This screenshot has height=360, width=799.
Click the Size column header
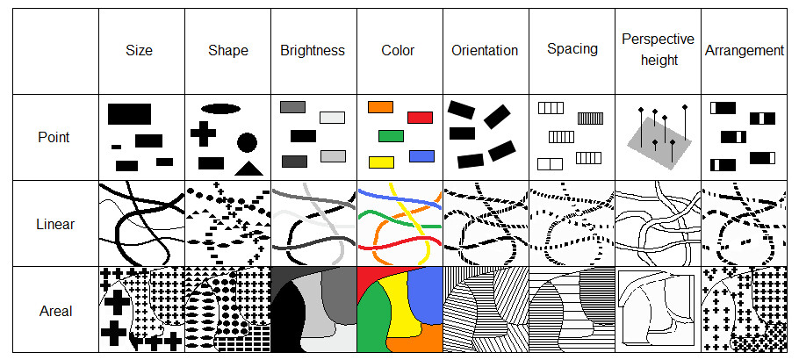pyautogui.click(x=139, y=50)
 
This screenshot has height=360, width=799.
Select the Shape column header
pyautogui.click(x=227, y=50)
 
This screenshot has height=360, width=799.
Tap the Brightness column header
pyautogui.click(x=313, y=50)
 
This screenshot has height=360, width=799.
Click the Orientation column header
pyautogui.click(x=486, y=50)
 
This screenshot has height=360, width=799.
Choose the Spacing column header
pyautogui.click(x=572, y=50)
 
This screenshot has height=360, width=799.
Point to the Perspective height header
pyautogui.click(x=658, y=50)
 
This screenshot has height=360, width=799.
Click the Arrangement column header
pyautogui.click(x=745, y=50)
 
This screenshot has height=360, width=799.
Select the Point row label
pyautogui.click(x=54, y=137)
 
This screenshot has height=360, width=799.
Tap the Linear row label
pyautogui.click(x=54, y=224)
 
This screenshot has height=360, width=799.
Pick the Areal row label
pyautogui.click(x=54, y=310)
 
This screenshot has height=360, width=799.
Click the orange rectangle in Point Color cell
pyautogui.click(x=380, y=106)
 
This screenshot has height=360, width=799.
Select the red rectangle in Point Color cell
pyautogui.click(x=421, y=117)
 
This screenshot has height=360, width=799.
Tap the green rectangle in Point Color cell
pyautogui.click(x=391, y=136)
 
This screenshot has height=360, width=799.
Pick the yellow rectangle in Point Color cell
pyautogui.click(x=381, y=162)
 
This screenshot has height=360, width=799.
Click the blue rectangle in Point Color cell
pyautogui.click(x=422, y=155)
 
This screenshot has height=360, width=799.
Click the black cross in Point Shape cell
pyautogui.click(x=203, y=133)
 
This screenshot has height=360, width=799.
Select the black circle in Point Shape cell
pyautogui.click(x=247, y=141)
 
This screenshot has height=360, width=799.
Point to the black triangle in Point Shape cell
pyautogui.click(x=248, y=168)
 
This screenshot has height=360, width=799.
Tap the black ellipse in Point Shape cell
pyautogui.click(x=220, y=109)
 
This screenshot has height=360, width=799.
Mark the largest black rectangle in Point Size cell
pyautogui.click(x=129, y=113)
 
